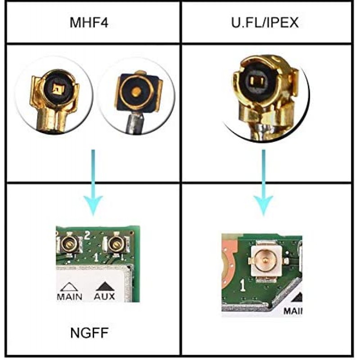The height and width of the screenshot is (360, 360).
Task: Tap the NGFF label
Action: pyautogui.click(x=90, y=333)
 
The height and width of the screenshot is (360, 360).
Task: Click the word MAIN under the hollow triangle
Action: pyautogui.click(x=70, y=297)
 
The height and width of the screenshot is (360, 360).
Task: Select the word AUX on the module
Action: pyautogui.click(x=104, y=297)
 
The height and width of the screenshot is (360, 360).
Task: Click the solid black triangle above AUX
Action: pyautogui.click(x=104, y=286)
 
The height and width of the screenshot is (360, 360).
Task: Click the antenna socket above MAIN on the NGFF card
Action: pyautogui.click(x=69, y=244)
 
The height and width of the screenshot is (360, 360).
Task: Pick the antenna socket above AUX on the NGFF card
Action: pyautogui.click(x=116, y=244)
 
